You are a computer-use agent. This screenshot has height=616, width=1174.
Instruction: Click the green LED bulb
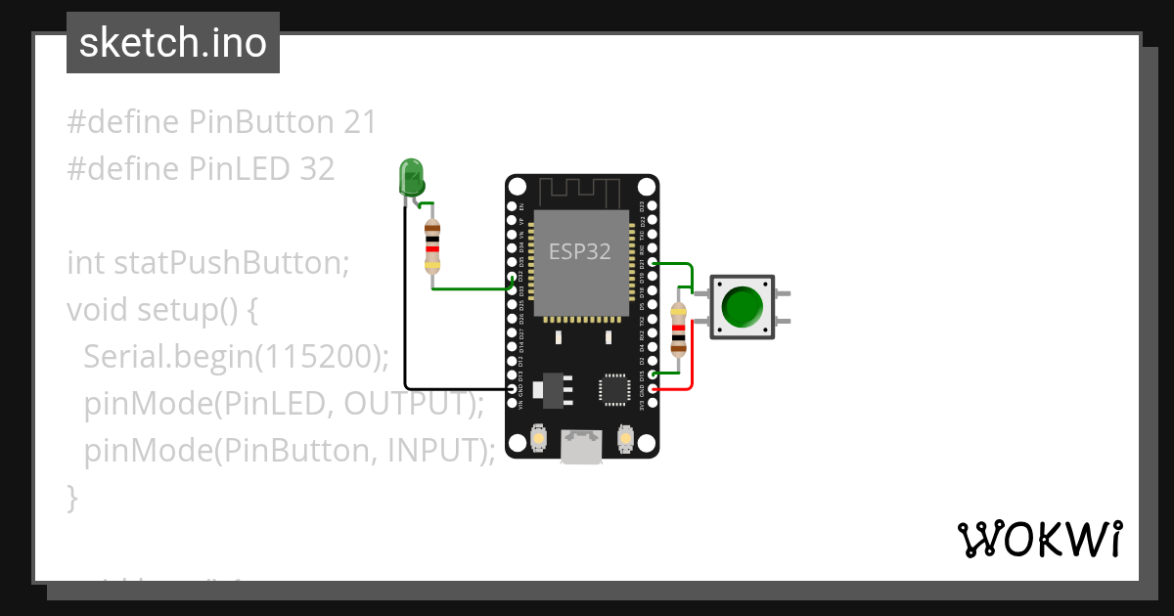[412, 178]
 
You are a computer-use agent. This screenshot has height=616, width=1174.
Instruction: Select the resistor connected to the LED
[432, 245]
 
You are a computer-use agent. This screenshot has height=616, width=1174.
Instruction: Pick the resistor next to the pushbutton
[677, 329]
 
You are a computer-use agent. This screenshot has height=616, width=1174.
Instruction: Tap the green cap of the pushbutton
[743, 307]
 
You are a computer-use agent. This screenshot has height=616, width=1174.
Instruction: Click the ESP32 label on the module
[579, 251]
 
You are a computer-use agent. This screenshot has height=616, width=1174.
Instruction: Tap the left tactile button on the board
[538, 441]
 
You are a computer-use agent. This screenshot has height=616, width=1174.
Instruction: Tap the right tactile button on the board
[626, 441]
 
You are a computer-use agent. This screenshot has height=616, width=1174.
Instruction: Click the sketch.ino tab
[173, 43]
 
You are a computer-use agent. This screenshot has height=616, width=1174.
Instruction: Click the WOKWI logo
[1038, 539]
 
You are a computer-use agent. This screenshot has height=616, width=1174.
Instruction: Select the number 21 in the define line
[359, 122]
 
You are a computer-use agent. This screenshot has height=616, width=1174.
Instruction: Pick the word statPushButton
[231, 263]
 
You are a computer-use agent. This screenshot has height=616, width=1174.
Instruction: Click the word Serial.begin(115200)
[236, 357]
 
